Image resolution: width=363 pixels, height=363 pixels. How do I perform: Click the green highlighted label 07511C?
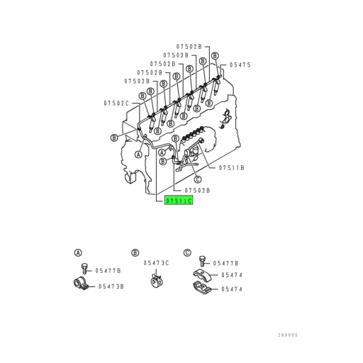(x=179, y=201)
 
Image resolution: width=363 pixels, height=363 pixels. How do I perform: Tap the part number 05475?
(x=239, y=65)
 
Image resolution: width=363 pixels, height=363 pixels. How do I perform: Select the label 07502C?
(x=116, y=103)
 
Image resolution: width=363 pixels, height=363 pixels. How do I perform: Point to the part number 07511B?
(x=231, y=167)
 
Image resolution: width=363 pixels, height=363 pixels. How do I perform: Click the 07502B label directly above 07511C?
(x=197, y=190)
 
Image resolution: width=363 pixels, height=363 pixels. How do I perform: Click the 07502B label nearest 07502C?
(x=138, y=81)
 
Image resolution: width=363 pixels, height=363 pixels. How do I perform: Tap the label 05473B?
(x=111, y=286)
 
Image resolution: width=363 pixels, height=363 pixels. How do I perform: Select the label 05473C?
(x=156, y=262)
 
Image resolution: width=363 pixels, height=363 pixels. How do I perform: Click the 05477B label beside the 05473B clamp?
(x=108, y=270)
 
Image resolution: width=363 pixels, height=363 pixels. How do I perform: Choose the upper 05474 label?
(x=231, y=274)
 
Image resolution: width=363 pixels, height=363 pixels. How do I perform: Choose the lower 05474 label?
(x=231, y=289)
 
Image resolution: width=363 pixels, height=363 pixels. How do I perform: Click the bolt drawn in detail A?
(x=84, y=269)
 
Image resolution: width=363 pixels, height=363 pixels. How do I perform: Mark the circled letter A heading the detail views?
(x=78, y=252)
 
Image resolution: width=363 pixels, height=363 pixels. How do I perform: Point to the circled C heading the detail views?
(x=187, y=252)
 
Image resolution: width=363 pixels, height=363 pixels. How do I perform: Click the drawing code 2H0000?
(x=287, y=335)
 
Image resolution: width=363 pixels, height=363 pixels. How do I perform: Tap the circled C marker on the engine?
(x=198, y=179)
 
